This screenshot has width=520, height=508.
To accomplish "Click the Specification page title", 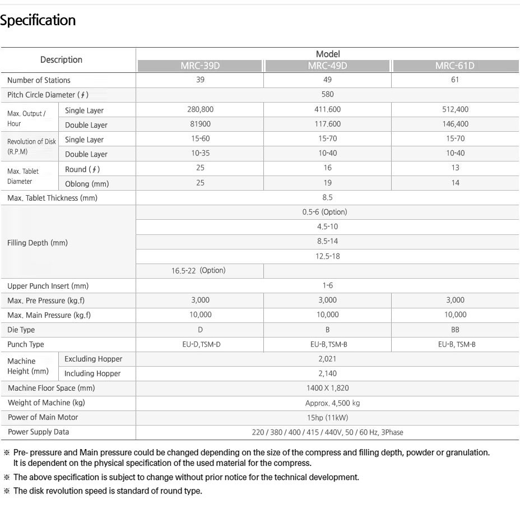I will coord(38,21).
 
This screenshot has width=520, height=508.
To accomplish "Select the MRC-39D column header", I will coord(200,66).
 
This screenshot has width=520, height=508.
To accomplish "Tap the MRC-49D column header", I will coord(328,66).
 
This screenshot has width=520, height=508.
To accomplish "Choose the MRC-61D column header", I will coord(454,66).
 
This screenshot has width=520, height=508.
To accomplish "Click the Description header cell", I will coord(61,60).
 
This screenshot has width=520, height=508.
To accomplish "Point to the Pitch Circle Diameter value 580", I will coord(328,95).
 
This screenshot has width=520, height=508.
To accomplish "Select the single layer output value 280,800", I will coord(200,109).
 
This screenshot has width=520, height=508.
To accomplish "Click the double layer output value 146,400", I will coord(455,124).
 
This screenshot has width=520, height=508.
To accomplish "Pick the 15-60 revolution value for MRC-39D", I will coord(200,138).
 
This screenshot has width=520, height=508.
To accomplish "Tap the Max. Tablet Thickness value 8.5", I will coord(328,197).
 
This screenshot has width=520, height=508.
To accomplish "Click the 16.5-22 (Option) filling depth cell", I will coord(198,270).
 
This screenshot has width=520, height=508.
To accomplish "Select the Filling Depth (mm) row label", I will coord(38,243).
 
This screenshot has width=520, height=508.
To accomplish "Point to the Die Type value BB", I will coord(455,330).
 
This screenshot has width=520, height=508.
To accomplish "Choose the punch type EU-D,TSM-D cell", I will coord(200,344).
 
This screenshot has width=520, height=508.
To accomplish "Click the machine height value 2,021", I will coord(328,359).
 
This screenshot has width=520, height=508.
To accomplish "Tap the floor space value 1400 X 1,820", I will coord(328,388).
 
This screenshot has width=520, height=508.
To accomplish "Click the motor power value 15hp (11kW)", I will coord(328,417).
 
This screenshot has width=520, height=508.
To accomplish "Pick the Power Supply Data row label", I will coord(39,432).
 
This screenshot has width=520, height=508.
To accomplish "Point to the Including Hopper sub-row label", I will coord(92,373).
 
